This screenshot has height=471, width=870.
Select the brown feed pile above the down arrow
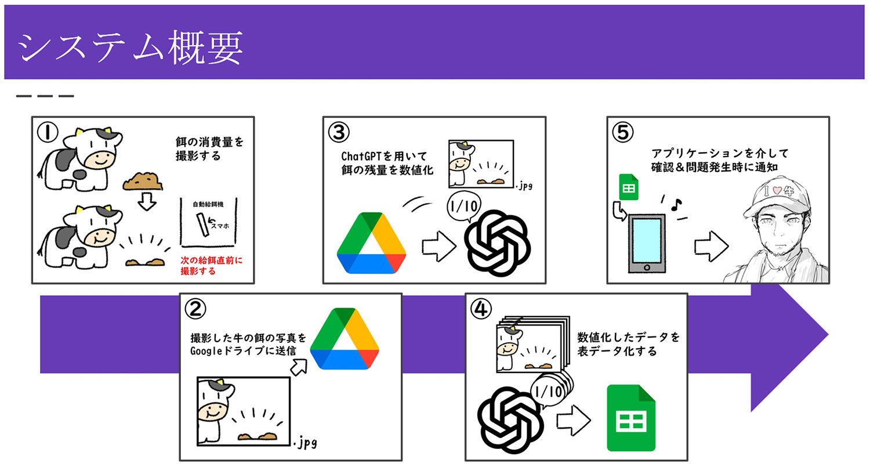(x=143, y=181)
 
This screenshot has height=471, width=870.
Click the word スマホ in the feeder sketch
(x=220, y=226)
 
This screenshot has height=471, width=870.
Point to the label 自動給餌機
(x=209, y=205)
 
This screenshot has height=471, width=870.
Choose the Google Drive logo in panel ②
(x=345, y=339)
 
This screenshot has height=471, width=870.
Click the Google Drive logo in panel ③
(x=372, y=243)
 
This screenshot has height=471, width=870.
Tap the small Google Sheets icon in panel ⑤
(x=629, y=187)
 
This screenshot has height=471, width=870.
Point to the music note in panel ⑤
(x=674, y=204)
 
